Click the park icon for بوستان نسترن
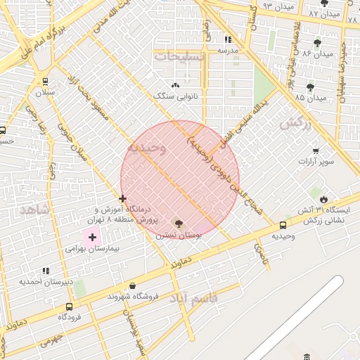coord(178,224)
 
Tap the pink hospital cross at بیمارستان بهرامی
coord(92,238)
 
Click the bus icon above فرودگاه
coord(69,307)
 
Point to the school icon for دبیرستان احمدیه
coord(46,271)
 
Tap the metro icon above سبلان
coord(46,81)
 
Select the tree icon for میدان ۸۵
coord(310,87)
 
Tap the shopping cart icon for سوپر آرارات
coord(315,150)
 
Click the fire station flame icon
coord(323,199)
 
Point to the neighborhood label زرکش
coord(295,124)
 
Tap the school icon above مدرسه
coord(228,39)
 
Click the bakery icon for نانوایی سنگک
coord(176,85)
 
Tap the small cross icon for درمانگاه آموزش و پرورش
coord(123,199)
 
